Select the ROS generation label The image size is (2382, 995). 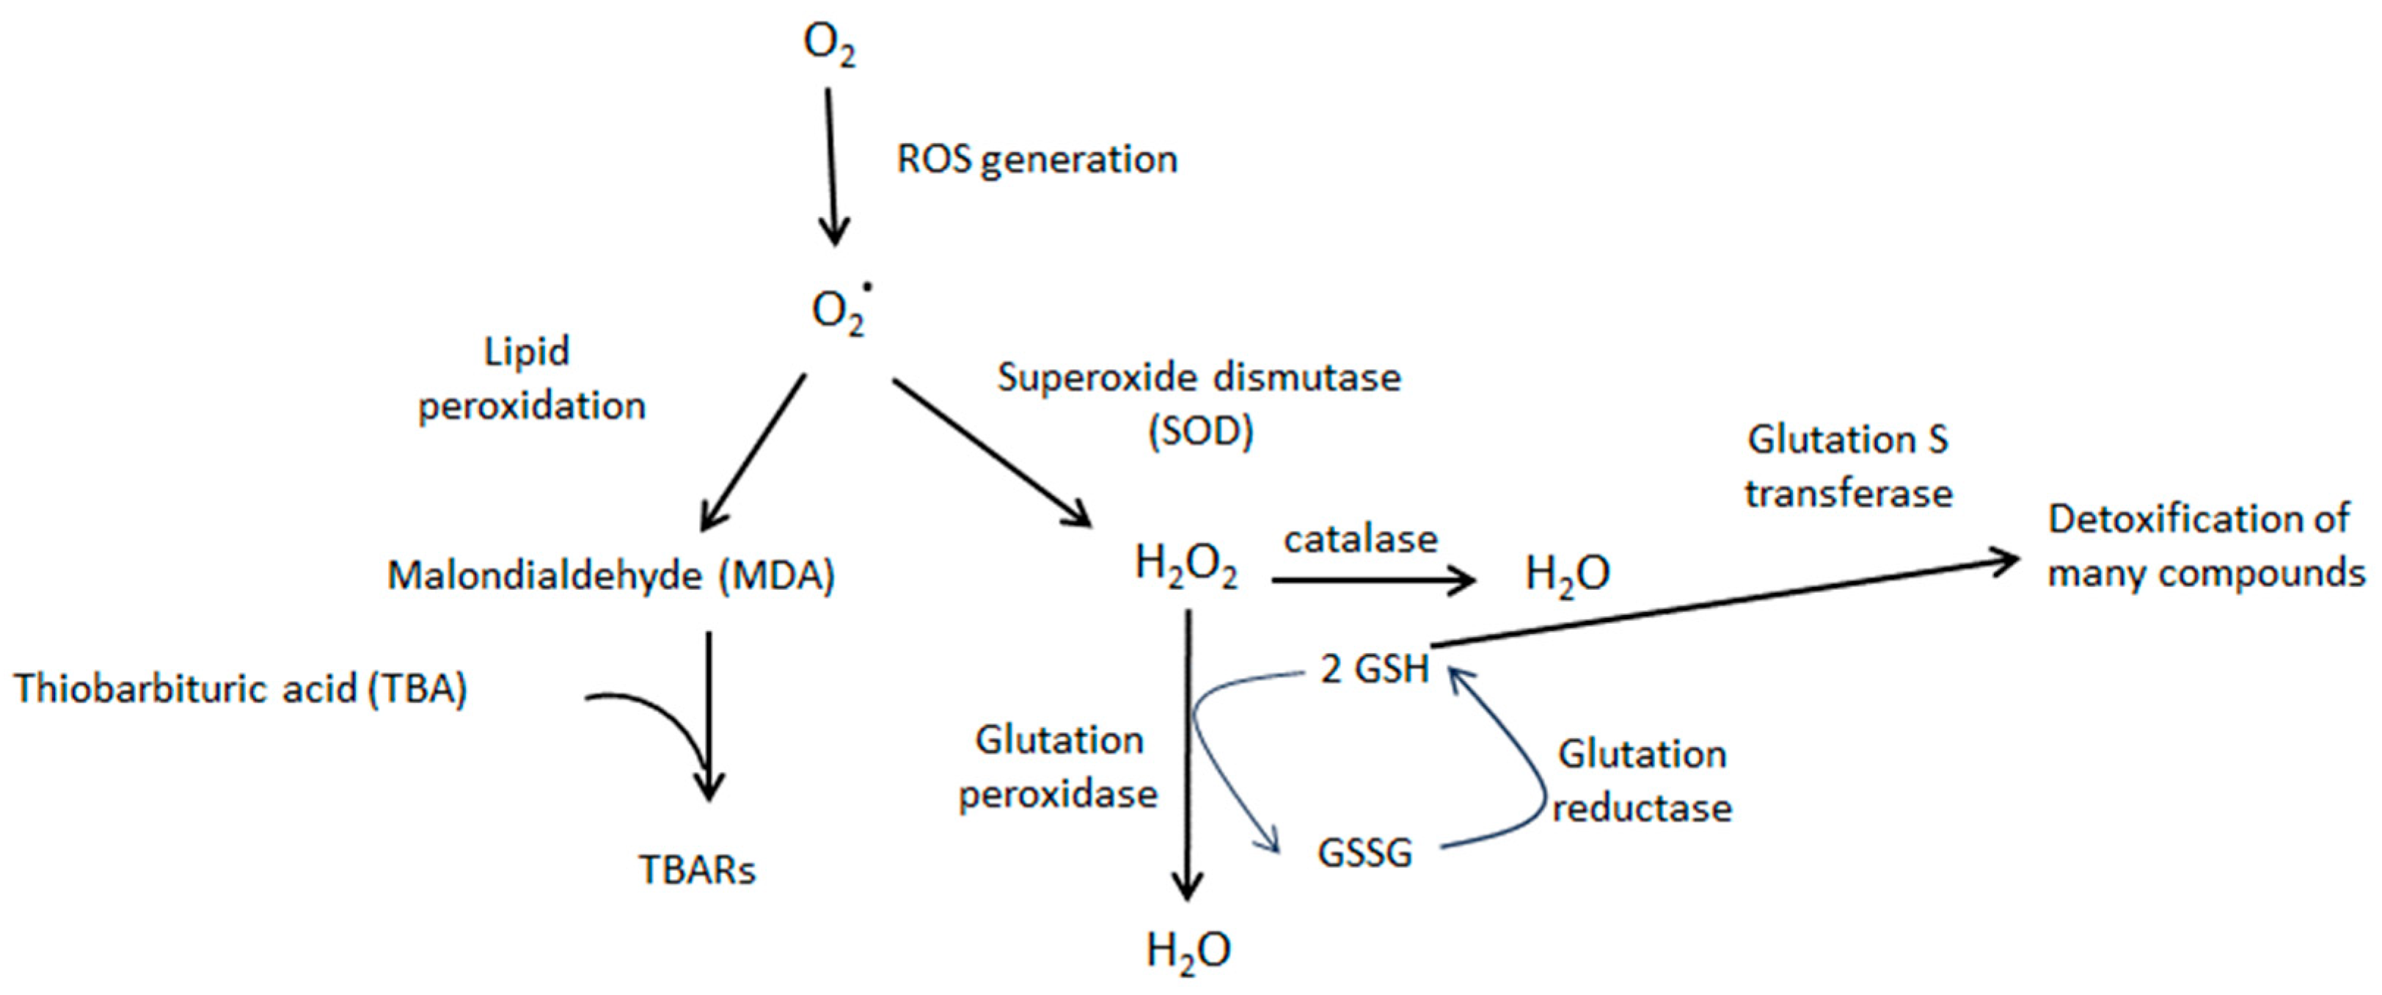(x=1037, y=160)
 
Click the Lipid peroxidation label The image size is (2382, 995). (x=531, y=379)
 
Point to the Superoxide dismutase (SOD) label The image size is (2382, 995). (x=1199, y=404)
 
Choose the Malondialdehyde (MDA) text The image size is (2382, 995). (x=611, y=576)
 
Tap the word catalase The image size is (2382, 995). (x=1360, y=539)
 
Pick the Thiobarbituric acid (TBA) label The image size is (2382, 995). (x=241, y=689)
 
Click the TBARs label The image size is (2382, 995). (x=697, y=870)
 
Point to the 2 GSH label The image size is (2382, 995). (x=1375, y=668)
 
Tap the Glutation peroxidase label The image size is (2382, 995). (x=1059, y=767)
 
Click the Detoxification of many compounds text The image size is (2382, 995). (x=2205, y=547)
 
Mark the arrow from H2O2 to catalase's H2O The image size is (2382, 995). (x=1373, y=580)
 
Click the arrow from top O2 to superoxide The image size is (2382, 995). (x=831, y=167)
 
